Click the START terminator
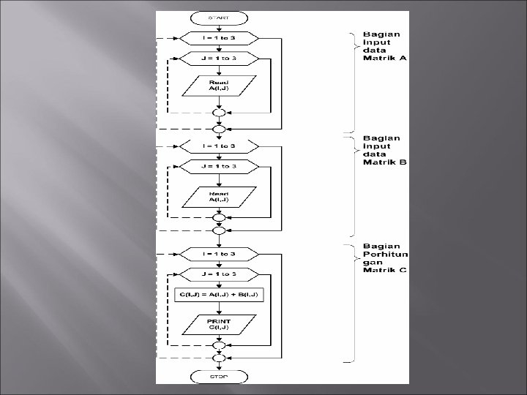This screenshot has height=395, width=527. tap(219, 17)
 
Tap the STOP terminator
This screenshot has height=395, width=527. tap(219, 376)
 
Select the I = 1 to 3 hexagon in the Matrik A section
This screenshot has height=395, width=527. tap(219, 37)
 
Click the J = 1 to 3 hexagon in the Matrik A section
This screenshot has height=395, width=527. tap(219, 57)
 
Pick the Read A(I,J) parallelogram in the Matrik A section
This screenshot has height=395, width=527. tap(219, 86)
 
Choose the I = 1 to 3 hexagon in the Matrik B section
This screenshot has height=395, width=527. tap(219, 146)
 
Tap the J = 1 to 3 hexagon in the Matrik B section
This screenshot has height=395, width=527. tap(219, 166)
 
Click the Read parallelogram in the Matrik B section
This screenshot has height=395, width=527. tap(219, 195)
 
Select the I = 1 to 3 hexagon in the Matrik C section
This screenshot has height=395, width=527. tap(219, 253)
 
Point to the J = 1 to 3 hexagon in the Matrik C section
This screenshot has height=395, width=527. tap(219, 274)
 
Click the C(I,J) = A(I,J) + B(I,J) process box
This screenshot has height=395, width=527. tap(219, 295)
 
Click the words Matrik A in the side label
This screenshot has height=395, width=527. tap(385, 58)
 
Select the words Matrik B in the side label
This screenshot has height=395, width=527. tap(385, 162)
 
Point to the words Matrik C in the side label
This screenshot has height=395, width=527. tap(385, 271)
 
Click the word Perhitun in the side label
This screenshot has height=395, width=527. tap(385, 254)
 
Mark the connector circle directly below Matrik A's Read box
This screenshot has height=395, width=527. tap(219, 113)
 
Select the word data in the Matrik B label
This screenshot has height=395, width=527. tap(373, 154)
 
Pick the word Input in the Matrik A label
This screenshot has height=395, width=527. tap(376, 42)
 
